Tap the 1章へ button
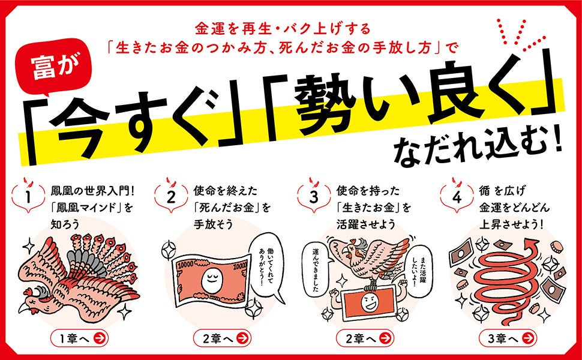tap(79, 338)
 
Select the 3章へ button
tap(507, 338)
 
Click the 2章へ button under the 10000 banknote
tap(222, 338)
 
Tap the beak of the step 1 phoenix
tap(24, 307)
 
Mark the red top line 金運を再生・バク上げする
tap(283, 29)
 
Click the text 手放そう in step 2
tap(213, 224)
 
